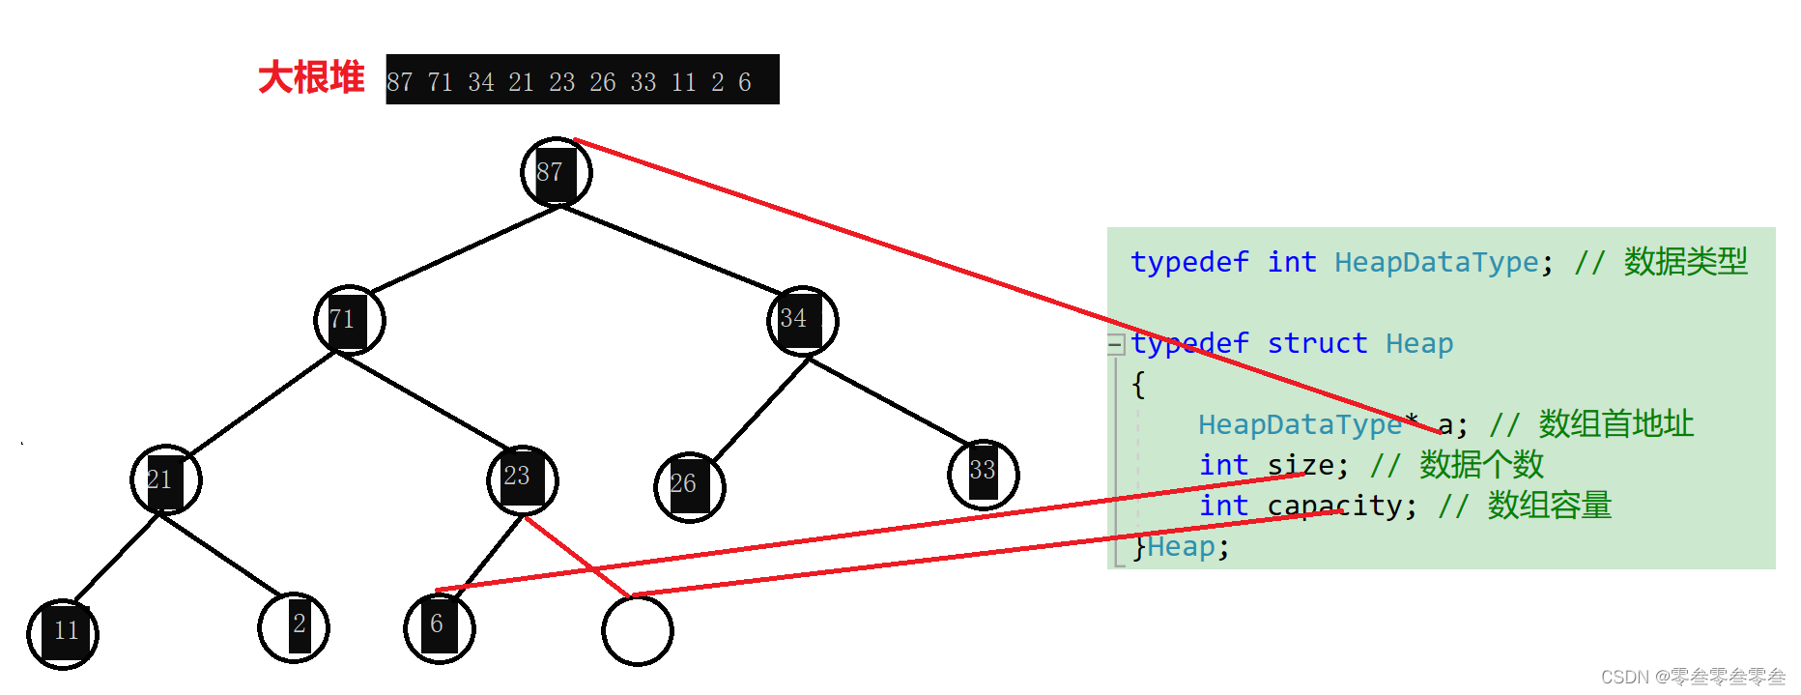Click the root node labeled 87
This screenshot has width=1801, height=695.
click(x=556, y=173)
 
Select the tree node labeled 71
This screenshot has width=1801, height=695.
click(x=349, y=320)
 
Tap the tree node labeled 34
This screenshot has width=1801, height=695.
click(x=802, y=320)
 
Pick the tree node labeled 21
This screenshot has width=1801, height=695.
click(x=166, y=480)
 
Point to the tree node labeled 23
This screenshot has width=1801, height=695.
click(x=522, y=478)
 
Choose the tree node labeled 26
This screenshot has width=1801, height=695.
click(x=689, y=485)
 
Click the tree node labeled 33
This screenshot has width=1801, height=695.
click(x=983, y=473)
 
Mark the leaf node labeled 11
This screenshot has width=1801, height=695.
click(x=63, y=633)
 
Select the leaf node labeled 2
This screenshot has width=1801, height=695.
click(x=294, y=627)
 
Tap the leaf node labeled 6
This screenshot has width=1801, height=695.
click(x=440, y=627)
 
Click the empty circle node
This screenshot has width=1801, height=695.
click(x=637, y=630)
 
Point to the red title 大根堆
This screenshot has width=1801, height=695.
click(x=311, y=78)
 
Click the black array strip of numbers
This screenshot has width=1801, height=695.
click(x=582, y=80)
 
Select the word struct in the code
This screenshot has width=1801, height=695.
click(x=1316, y=344)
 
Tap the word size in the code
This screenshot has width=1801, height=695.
click(x=1301, y=465)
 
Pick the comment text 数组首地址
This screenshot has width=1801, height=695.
click(x=1615, y=424)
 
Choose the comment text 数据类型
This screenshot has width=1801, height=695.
click(x=1685, y=262)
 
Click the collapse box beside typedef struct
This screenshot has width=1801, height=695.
click(x=1116, y=344)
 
